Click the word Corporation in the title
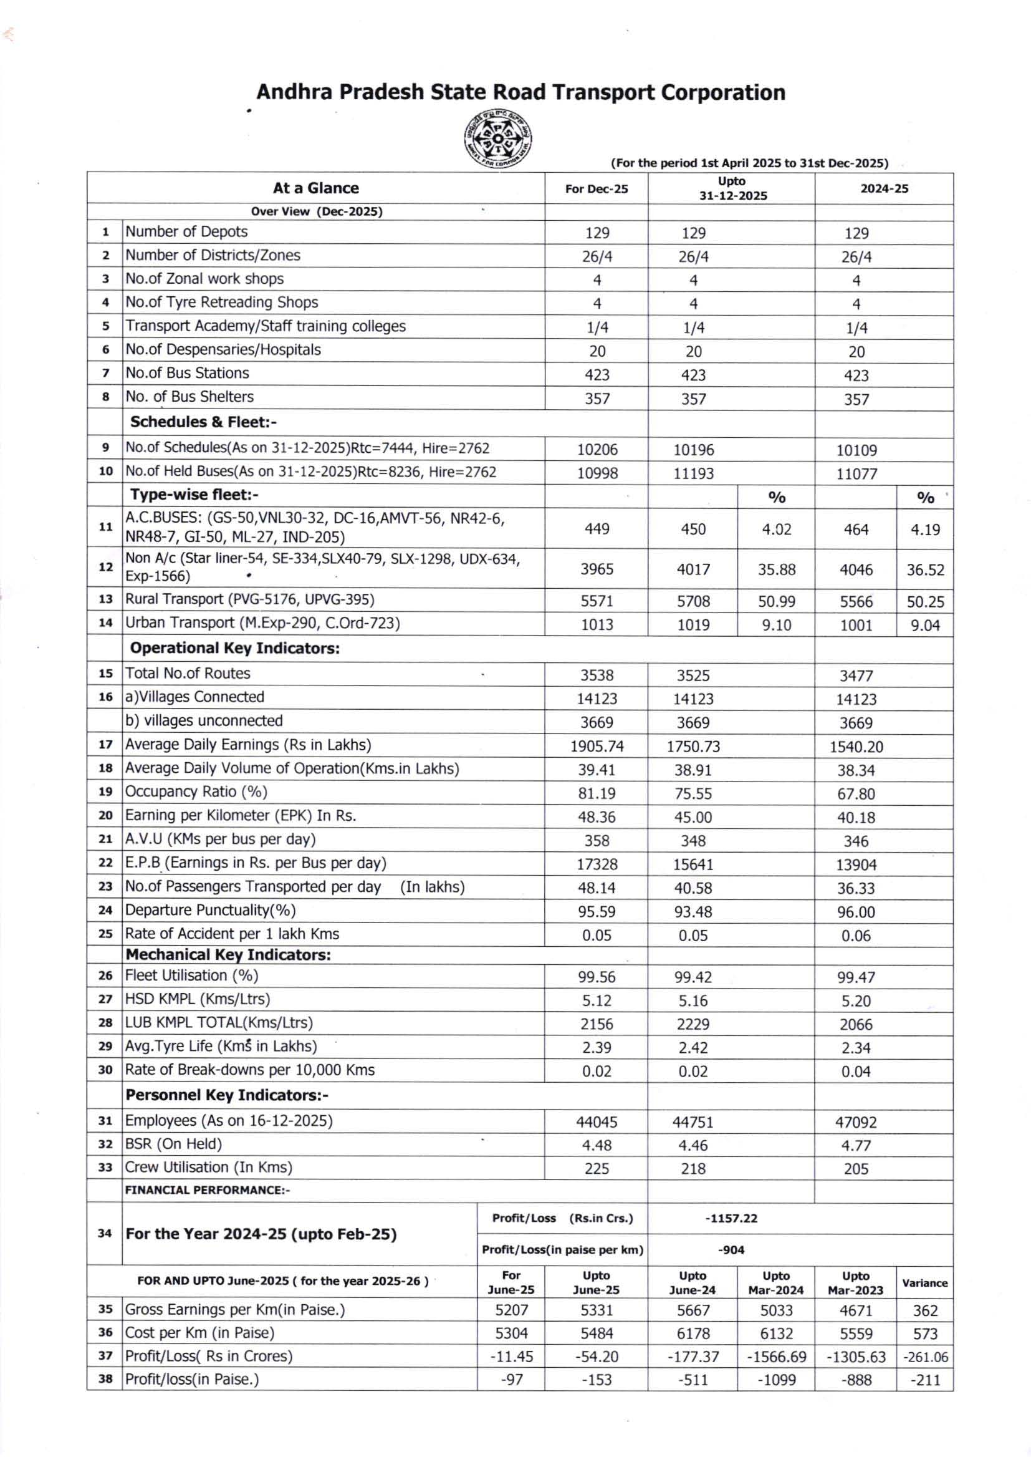[x=722, y=93]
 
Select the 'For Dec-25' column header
[x=596, y=188]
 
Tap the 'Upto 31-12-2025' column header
[x=732, y=188]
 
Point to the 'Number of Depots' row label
[x=186, y=232]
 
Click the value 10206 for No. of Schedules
[x=597, y=450]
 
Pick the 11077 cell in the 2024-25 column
[x=856, y=474]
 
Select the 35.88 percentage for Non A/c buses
[x=776, y=569]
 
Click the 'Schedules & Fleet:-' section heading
[x=203, y=422]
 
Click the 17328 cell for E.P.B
[x=597, y=864]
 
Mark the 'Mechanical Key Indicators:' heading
[x=228, y=955]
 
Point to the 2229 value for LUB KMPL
[x=693, y=1025]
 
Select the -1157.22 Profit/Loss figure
[x=731, y=1218]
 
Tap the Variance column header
[x=924, y=1283]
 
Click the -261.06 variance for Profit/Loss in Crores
[x=925, y=1357]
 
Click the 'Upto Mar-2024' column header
[x=776, y=1283]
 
